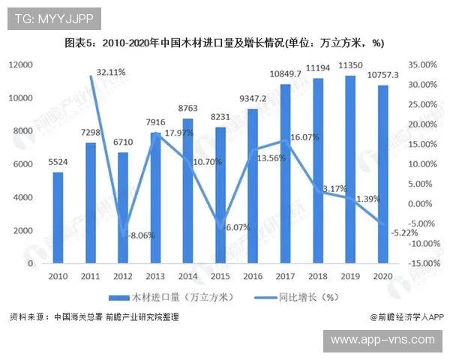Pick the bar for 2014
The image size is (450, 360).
(x=187, y=190)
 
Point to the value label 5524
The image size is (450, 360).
(x=58, y=161)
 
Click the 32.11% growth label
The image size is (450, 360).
(x=111, y=73)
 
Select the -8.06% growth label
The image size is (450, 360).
(x=141, y=235)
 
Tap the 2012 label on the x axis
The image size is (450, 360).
(x=122, y=276)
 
